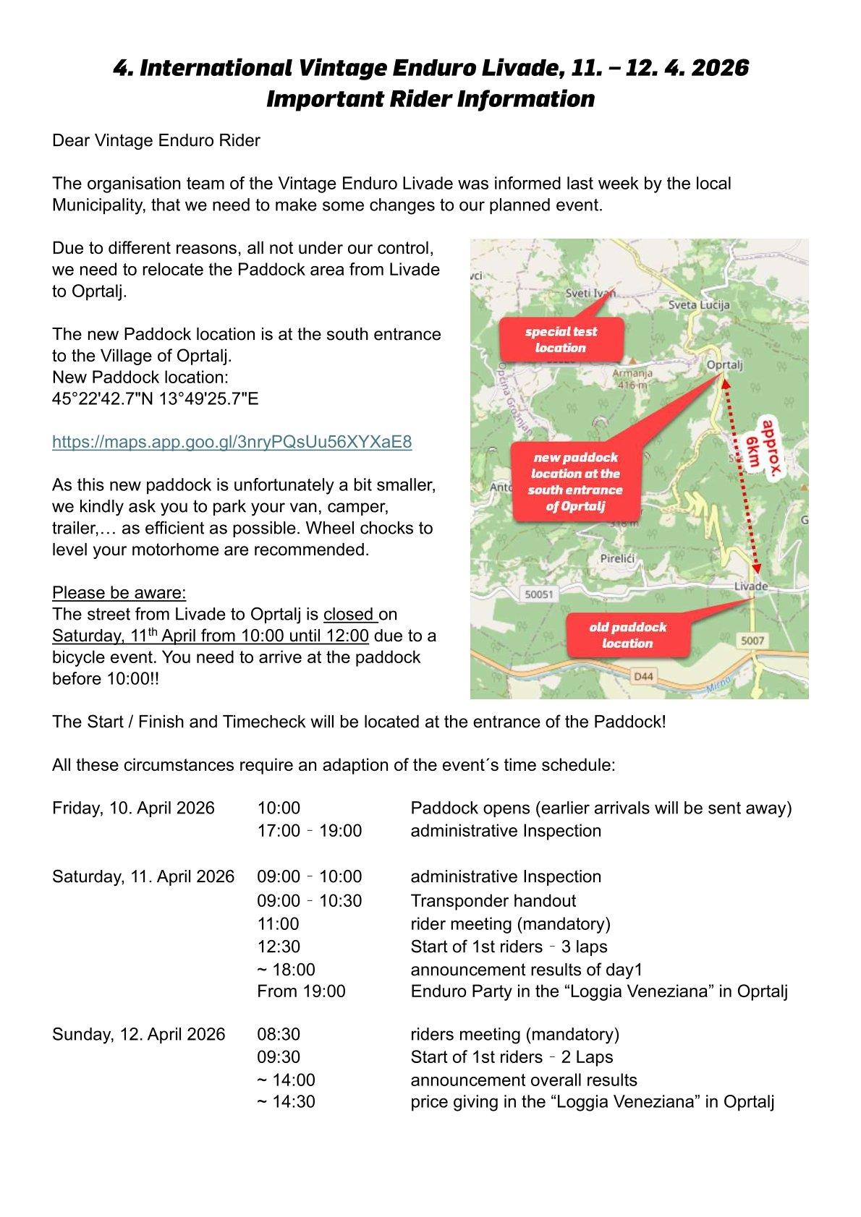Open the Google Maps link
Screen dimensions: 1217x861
pos(232,442)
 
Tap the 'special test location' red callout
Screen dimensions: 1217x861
pos(561,340)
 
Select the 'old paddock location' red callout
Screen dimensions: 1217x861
pos(627,636)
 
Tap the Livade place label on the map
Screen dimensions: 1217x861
pos(750,586)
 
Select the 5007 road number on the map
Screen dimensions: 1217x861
pos(752,641)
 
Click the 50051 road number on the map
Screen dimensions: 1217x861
pos(538,594)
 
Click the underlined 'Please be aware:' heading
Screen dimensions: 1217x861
pos(119,593)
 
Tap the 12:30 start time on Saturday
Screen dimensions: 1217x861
pos(279,947)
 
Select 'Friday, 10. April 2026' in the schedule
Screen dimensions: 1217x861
pos(133,808)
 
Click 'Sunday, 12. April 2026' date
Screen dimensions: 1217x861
pos(138,1034)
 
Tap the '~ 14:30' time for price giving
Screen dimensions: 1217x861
pos(286,1103)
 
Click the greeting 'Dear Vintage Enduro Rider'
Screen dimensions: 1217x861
pos(156,140)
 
